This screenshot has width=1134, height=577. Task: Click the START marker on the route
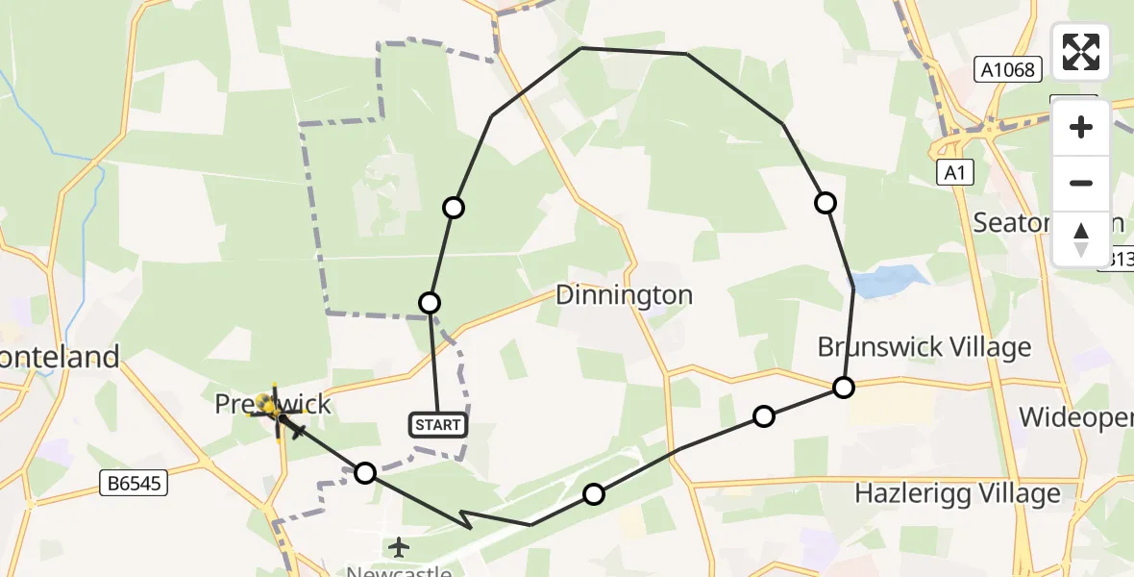pyautogui.click(x=439, y=424)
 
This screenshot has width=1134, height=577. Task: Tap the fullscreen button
pyautogui.click(x=1081, y=52)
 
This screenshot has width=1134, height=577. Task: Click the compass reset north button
pyautogui.click(x=1081, y=239)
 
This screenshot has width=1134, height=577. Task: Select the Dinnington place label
pyautogui.click(x=624, y=294)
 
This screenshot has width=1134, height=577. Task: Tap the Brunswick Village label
pyautogui.click(x=924, y=347)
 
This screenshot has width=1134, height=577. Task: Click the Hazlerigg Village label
pyautogui.click(x=958, y=494)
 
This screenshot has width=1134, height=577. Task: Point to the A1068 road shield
pyautogui.click(x=1008, y=69)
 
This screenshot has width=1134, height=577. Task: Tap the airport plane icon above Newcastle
pyautogui.click(x=399, y=547)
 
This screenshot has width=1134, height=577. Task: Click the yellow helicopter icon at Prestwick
pyautogui.click(x=274, y=413)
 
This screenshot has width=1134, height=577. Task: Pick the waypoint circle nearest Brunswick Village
pyautogui.click(x=843, y=388)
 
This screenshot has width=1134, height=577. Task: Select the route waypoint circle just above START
pyautogui.click(x=430, y=303)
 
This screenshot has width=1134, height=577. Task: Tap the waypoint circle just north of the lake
pyautogui.click(x=825, y=203)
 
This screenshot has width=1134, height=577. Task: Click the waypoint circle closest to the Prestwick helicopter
pyautogui.click(x=365, y=472)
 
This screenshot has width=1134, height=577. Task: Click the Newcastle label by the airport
pyautogui.click(x=399, y=569)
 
